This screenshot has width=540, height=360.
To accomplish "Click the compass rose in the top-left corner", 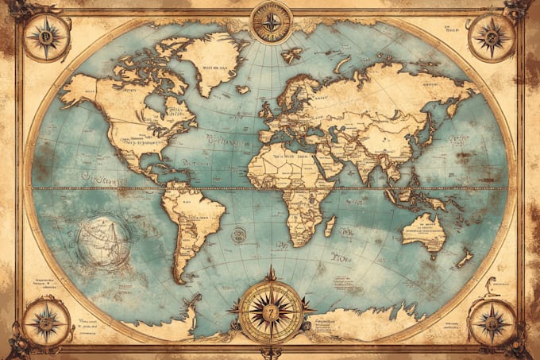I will pos(45,37).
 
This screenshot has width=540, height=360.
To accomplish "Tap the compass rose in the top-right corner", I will pos(492,37).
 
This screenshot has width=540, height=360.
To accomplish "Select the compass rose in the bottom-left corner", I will pos(46,323).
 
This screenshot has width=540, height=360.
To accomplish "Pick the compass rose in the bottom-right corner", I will pos(492,323).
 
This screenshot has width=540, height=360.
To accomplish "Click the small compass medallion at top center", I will pos(272,21).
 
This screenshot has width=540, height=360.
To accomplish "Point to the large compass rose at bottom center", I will pos(271,309).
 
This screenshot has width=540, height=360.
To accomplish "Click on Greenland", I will pos(210,60).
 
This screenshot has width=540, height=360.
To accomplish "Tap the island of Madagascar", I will pos(330,225).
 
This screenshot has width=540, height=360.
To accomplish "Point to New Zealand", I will pos(465,259).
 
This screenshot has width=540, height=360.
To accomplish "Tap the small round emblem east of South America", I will pos(238,234).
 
